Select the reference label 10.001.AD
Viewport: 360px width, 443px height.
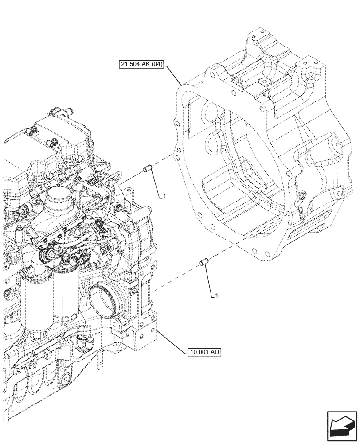[x=204, y=353]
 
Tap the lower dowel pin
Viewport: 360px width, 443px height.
[x=204, y=262]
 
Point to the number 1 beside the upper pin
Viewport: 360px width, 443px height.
[x=164, y=196]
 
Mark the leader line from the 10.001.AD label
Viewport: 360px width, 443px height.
[x=171, y=340]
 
